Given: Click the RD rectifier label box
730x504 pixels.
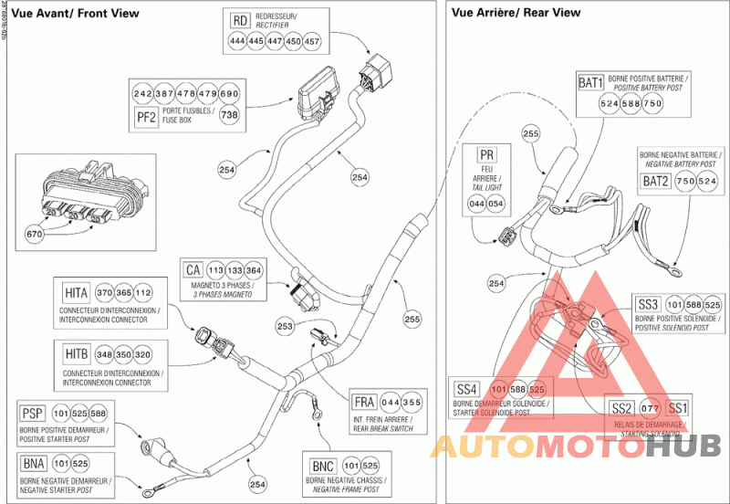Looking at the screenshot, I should click(x=240, y=20).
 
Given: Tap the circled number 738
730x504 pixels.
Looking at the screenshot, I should click(x=229, y=115).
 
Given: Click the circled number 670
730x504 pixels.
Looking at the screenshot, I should click(x=35, y=234).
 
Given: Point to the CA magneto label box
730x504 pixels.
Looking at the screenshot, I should click(x=193, y=270).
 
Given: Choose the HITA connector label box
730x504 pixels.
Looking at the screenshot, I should click(x=76, y=292).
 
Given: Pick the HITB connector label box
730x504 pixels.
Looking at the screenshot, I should click(x=76, y=353).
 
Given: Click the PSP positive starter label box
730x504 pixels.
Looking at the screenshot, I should click(x=32, y=414).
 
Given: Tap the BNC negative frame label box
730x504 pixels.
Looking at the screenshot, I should click(x=322, y=463).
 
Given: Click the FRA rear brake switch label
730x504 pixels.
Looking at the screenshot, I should click(x=363, y=402).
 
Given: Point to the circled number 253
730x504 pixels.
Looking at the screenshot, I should click(x=285, y=325).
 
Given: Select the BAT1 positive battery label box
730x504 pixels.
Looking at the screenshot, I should click(x=591, y=83).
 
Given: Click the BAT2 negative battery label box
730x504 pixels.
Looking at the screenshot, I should click(x=655, y=181).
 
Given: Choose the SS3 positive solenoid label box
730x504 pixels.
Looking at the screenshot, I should click(x=647, y=304).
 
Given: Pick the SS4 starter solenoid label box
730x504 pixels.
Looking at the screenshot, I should click(x=466, y=389).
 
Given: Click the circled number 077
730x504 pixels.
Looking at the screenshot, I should click(x=651, y=407).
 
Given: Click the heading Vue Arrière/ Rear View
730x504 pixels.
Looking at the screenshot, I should click(x=516, y=12).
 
